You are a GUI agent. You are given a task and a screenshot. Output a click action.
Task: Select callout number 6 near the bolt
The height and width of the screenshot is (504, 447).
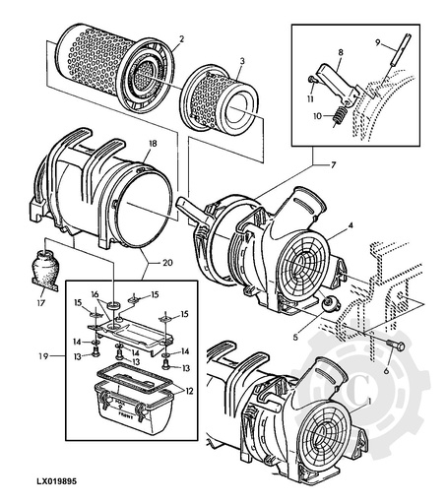386,374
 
